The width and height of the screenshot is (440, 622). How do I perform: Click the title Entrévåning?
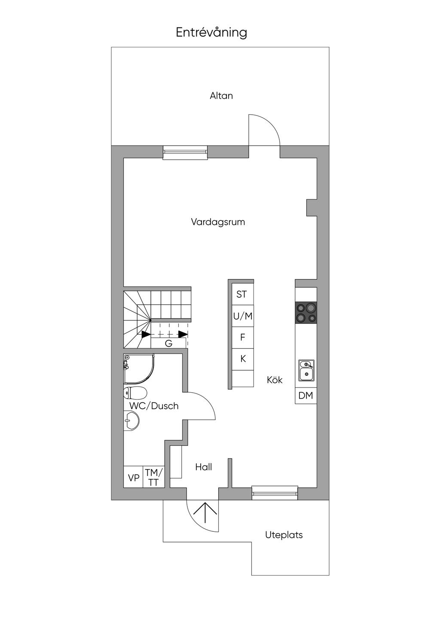click(211, 33)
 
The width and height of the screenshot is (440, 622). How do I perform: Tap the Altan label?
click(221, 96)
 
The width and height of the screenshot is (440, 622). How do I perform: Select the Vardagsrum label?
click(218, 222)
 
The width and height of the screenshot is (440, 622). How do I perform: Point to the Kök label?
click(275, 380)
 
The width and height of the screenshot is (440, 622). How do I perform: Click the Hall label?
click(204, 467)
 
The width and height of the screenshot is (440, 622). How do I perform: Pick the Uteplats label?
click(284, 535)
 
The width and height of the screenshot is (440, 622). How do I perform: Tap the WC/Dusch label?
click(154, 406)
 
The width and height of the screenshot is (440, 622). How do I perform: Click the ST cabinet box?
click(242, 294)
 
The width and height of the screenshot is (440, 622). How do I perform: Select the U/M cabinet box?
click(242, 316)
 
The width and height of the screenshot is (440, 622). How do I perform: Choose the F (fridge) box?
click(242, 338)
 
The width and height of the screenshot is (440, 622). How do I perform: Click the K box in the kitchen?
click(243, 359)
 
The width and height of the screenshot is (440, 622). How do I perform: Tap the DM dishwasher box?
click(306, 396)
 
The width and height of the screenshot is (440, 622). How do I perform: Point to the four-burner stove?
click(306, 313)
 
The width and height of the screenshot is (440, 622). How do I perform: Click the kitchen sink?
click(306, 370)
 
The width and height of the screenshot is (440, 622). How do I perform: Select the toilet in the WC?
click(135, 393)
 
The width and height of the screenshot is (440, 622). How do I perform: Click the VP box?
click(134, 478)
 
